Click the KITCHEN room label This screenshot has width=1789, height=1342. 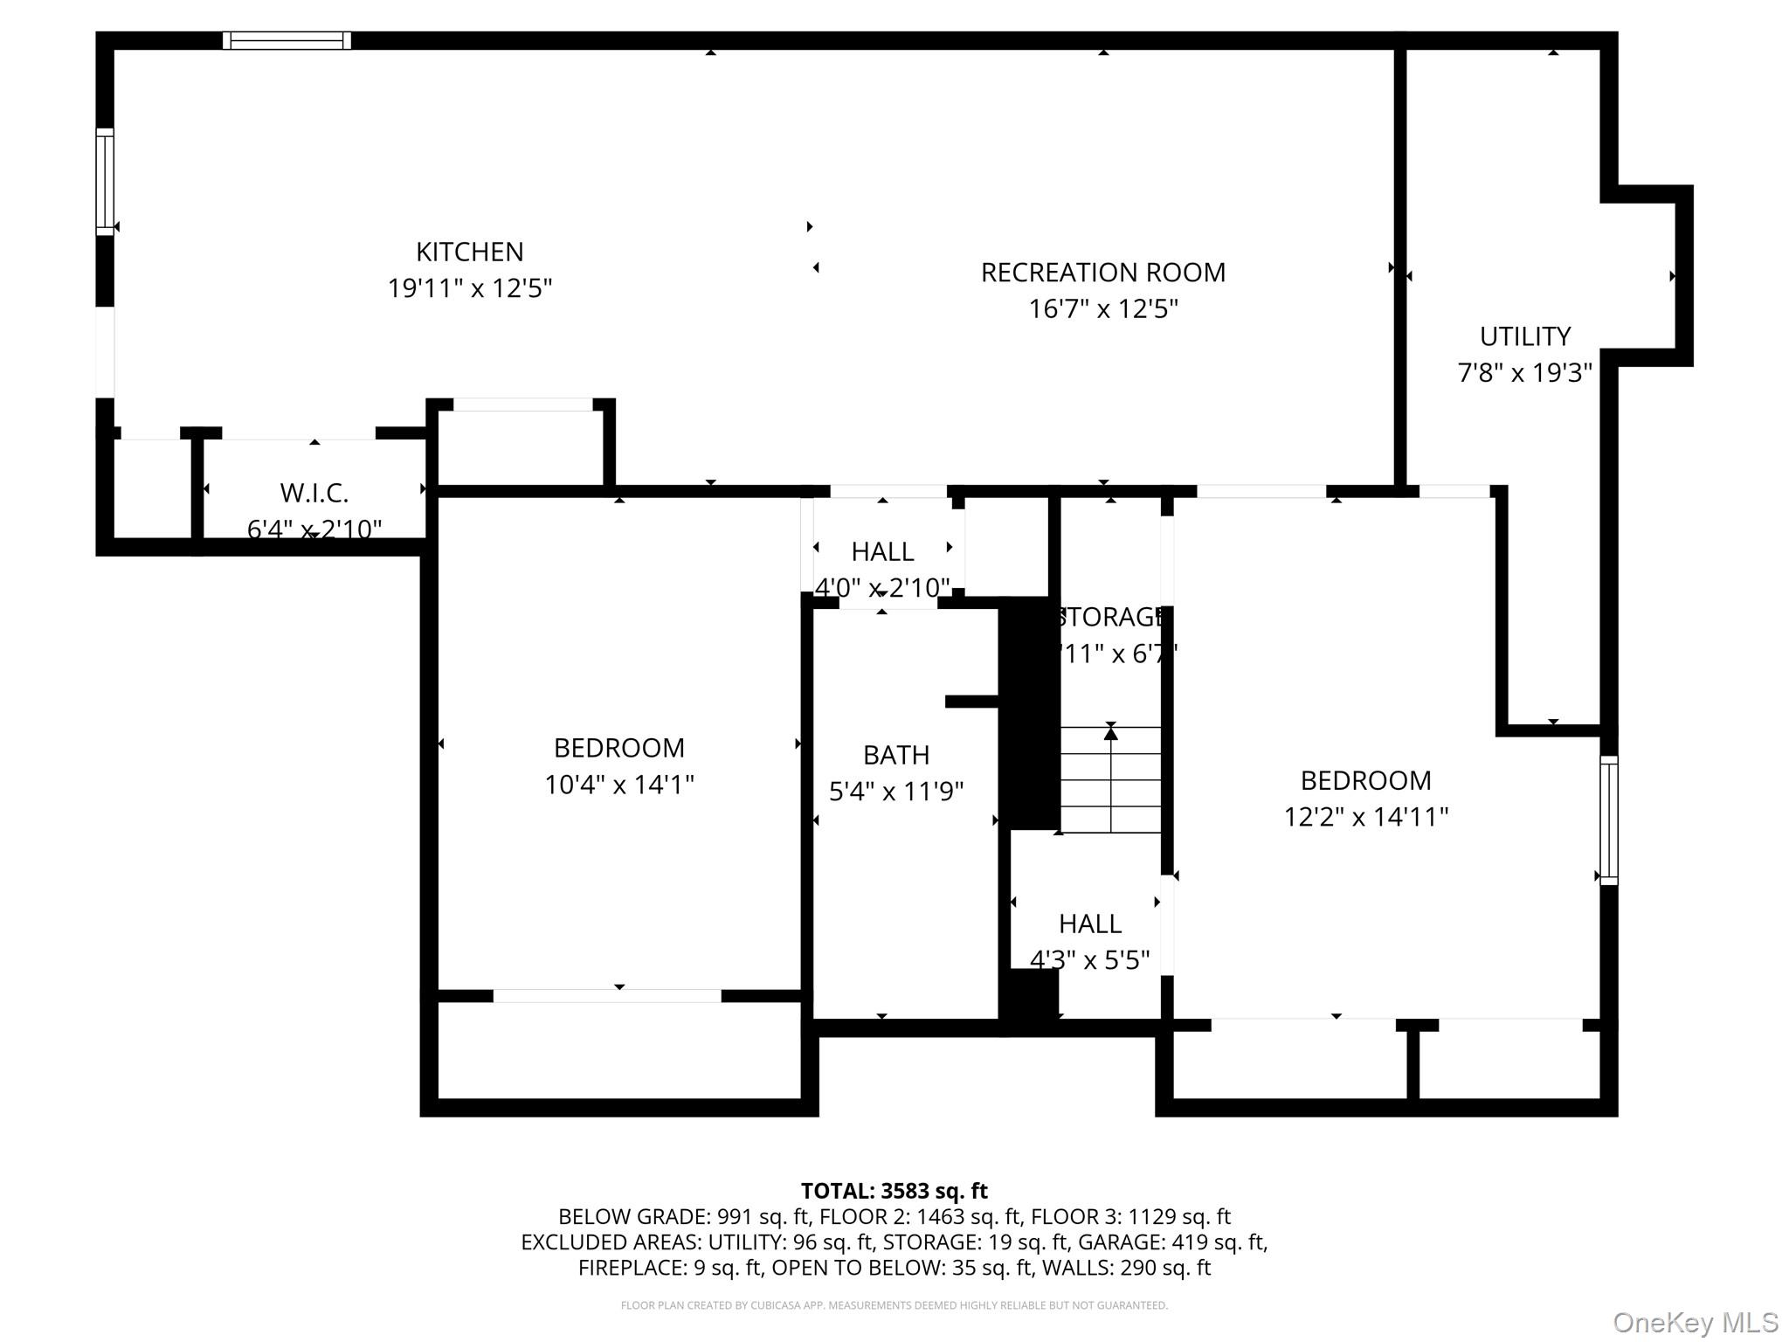coord(469,252)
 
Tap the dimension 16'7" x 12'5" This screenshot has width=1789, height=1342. coord(1103,309)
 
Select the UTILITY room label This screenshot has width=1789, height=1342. coord(1524,336)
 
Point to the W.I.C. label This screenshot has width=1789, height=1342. coord(314,494)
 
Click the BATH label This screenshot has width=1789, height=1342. coord(896,755)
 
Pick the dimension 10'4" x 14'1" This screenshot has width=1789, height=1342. coord(618,785)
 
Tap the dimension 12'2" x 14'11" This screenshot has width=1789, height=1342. coord(1365,817)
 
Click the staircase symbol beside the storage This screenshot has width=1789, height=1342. coord(1110,779)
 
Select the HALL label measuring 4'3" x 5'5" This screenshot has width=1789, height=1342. coord(1090,923)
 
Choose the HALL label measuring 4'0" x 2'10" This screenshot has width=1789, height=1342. coord(882,552)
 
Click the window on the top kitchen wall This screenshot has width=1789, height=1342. coord(287,40)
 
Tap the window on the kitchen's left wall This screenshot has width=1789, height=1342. coord(105,182)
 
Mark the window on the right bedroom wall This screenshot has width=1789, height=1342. coord(1608,820)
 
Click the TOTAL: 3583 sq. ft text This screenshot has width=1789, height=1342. coord(894,1191)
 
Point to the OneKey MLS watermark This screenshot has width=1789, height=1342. coord(1695,1323)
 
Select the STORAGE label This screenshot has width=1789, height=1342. coord(1111,618)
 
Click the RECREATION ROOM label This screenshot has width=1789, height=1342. coord(1103,273)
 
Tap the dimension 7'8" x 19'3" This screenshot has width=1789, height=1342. coord(1524,373)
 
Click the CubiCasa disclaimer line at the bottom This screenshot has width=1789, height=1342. coord(894,1305)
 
